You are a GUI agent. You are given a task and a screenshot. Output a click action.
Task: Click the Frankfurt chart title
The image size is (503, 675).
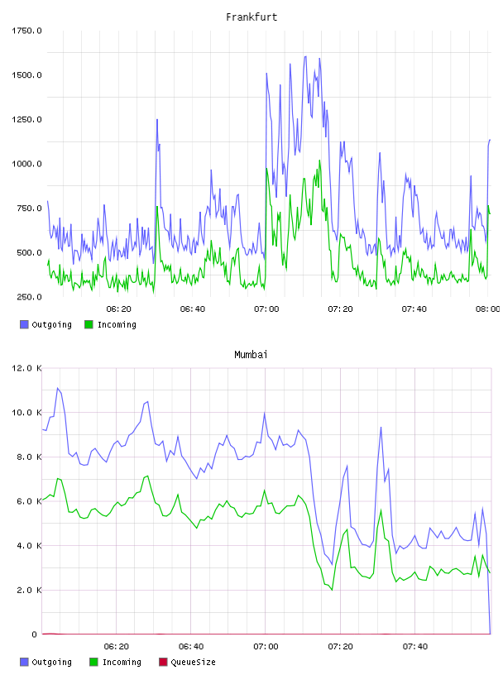251,17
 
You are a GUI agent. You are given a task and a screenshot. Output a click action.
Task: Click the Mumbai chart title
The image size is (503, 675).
251,355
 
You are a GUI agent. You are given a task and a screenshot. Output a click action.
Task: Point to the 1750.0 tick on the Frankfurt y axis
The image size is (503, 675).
26,31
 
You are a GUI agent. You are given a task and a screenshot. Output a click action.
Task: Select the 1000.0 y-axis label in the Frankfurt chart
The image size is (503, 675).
26,164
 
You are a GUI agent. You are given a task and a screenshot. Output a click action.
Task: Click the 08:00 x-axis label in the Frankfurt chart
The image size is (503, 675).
488,309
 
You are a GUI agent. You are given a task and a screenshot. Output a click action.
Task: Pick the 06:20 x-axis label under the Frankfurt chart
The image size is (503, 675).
119,309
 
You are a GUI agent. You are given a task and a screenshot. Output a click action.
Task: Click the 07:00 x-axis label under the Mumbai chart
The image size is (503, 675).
266,647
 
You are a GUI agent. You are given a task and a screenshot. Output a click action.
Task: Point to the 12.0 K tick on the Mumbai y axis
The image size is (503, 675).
26,368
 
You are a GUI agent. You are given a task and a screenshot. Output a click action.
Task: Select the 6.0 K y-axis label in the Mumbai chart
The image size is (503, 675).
29,501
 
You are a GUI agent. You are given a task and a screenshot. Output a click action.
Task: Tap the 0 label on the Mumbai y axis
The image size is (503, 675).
35,634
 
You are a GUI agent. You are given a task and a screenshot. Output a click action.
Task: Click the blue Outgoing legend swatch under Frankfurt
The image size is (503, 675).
24,324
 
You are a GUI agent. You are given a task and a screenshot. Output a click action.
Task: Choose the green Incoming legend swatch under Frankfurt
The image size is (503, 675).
89,324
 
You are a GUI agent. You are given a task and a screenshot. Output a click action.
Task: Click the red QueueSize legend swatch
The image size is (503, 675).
163,662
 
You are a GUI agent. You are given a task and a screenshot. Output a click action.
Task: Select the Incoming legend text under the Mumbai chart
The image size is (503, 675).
122,662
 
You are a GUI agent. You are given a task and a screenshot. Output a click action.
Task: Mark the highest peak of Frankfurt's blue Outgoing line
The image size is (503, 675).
305,56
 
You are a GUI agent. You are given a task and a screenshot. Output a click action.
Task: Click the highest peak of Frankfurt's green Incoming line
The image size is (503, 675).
319,160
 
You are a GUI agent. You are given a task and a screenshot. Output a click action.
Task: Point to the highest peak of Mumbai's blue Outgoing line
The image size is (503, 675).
57,388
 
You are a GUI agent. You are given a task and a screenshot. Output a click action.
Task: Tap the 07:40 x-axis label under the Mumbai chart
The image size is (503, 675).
415,647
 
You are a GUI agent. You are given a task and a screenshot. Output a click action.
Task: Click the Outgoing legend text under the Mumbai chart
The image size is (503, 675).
51,662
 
